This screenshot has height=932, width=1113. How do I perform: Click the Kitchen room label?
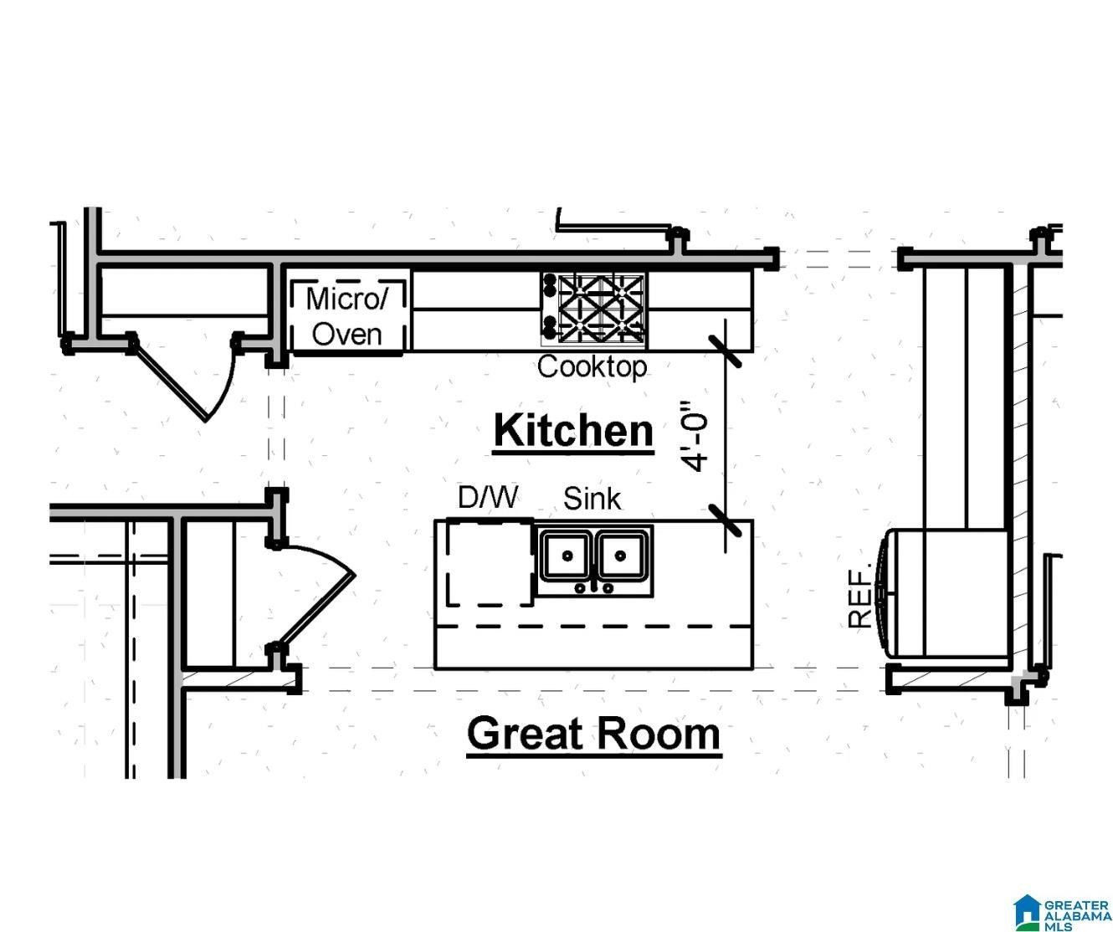(573, 431)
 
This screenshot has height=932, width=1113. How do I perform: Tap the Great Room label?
(593, 734)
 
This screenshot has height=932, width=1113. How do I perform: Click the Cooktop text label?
(592, 366)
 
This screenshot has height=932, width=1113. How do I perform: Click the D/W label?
(487, 498)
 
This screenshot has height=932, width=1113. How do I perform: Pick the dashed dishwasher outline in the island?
(490, 561)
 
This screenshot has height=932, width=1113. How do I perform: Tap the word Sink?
(592, 499)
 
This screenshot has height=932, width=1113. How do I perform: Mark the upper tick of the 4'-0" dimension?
(725, 351)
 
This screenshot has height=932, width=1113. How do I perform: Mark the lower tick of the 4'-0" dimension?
(725, 520)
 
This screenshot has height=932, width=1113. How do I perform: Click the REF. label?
(861, 595)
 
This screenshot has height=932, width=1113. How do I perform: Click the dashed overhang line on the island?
(594, 626)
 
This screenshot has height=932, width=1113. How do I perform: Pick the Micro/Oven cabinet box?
(348, 311)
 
